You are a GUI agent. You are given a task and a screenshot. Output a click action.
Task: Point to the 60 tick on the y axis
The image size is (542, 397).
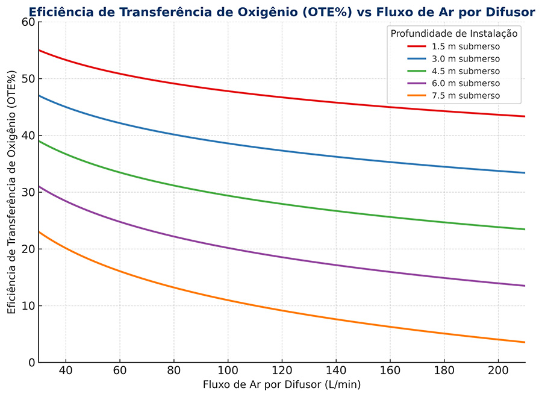click(x=28, y=22)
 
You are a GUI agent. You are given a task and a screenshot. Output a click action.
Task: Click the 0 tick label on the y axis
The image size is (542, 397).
click(x=31, y=363)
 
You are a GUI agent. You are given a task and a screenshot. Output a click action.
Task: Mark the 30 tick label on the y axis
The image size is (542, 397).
click(x=28, y=192)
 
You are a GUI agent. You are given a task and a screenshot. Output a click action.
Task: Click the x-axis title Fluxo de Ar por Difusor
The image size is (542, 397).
click(x=281, y=384)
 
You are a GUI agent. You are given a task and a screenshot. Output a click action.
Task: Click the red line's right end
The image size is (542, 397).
click(x=525, y=116)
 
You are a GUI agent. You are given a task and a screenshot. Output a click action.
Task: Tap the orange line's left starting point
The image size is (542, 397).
click(x=39, y=232)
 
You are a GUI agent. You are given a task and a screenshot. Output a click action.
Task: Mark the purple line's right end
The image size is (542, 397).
click(x=525, y=286)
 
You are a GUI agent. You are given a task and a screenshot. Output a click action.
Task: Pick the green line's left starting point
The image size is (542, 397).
click(x=39, y=141)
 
